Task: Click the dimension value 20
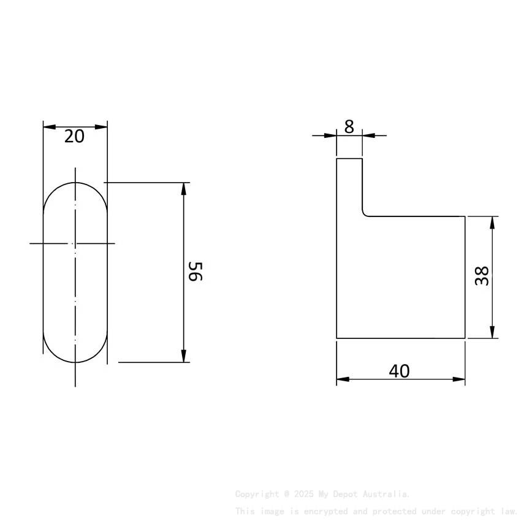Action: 75,136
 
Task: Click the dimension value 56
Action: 195,271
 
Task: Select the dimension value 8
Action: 349,127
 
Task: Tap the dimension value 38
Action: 482,276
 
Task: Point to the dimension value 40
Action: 399,371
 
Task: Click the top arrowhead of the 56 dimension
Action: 184,188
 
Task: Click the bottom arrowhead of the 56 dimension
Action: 184,356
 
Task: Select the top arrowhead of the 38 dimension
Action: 493,222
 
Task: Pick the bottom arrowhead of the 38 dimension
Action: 493,332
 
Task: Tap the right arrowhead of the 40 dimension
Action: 459,379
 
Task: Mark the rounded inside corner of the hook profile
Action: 365,213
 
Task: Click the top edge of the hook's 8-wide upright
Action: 349,159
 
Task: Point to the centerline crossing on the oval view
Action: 75,244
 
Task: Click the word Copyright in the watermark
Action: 256,494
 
